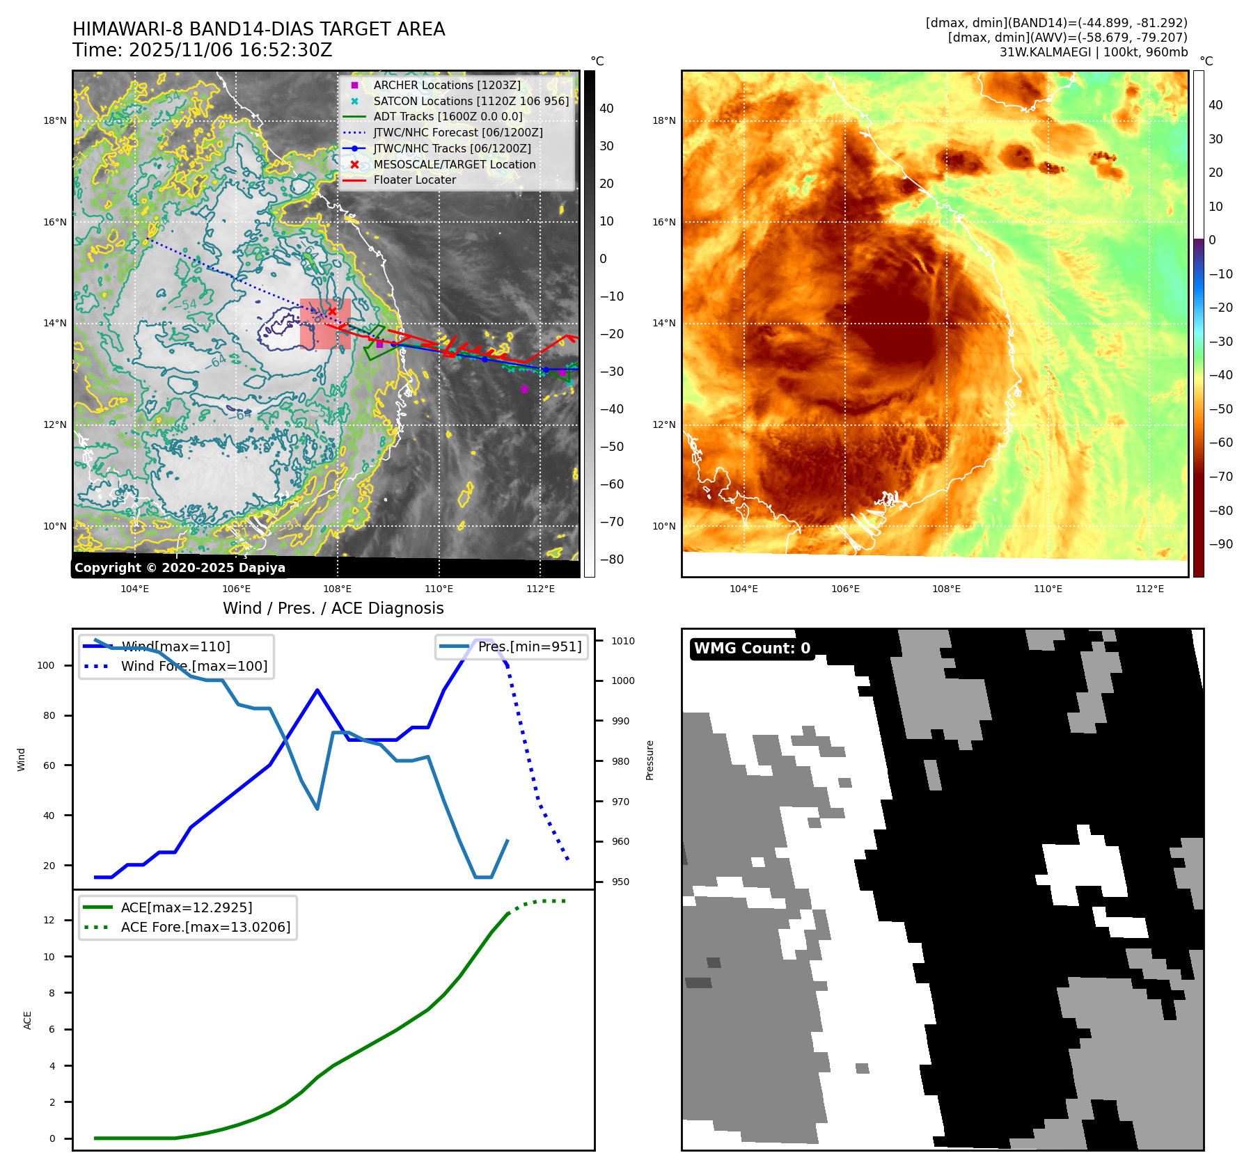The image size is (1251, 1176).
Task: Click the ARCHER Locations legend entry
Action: click(446, 85)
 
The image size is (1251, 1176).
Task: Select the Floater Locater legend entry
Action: click(414, 180)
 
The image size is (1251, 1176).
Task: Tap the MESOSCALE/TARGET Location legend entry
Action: click(454, 164)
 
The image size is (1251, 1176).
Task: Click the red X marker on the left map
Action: click(333, 311)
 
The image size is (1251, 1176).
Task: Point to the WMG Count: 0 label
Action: click(752, 649)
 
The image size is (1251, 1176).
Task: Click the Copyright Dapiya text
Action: click(180, 568)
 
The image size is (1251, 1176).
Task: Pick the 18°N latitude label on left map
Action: click(55, 120)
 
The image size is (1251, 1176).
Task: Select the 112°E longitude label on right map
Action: click(1149, 589)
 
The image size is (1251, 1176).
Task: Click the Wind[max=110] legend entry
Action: click(175, 646)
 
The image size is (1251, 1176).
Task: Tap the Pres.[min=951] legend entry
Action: click(529, 646)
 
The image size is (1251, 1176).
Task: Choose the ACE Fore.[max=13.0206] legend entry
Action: click(205, 927)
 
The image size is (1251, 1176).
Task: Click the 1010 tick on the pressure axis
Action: click(623, 641)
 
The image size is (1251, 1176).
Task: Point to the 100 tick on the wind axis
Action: click(46, 665)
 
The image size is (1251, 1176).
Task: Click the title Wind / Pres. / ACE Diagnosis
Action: click(333, 608)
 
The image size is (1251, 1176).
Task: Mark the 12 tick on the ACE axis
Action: click(49, 920)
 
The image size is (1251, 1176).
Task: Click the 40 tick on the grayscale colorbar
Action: click(606, 109)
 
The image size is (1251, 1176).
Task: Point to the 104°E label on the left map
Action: click(134, 589)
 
